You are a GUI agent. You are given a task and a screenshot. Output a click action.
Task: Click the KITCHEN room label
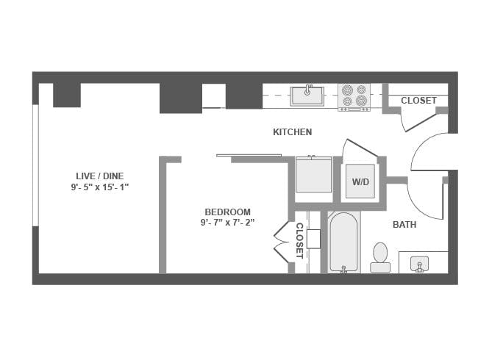pyautogui.click(x=292, y=132)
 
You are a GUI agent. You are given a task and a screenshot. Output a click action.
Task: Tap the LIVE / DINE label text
pyautogui.click(x=99, y=176)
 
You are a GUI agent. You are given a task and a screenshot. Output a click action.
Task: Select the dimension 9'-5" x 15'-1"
pyautogui.click(x=100, y=187)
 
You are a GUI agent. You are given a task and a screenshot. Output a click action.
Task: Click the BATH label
pyautogui.click(x=404, y=225)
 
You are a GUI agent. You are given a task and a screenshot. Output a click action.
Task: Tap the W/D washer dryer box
pyautogui.click(x=360, y=181)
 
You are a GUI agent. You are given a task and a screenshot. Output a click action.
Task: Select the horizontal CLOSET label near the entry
pyautogui.click(x=418, y=101)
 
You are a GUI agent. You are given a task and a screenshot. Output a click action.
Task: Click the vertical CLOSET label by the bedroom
pyautogui.click(x=299, y=240)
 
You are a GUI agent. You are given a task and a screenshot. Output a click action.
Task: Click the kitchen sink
pyautogui.click(x=307, y=96)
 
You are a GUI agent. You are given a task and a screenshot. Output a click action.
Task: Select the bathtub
pyautogui.click(x=343, y=242)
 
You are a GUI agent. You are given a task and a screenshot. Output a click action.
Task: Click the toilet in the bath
pyautogui.click(x=380, y=256)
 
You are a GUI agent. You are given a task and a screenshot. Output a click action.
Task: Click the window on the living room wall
pyautogui.click(x=35, y=165)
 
